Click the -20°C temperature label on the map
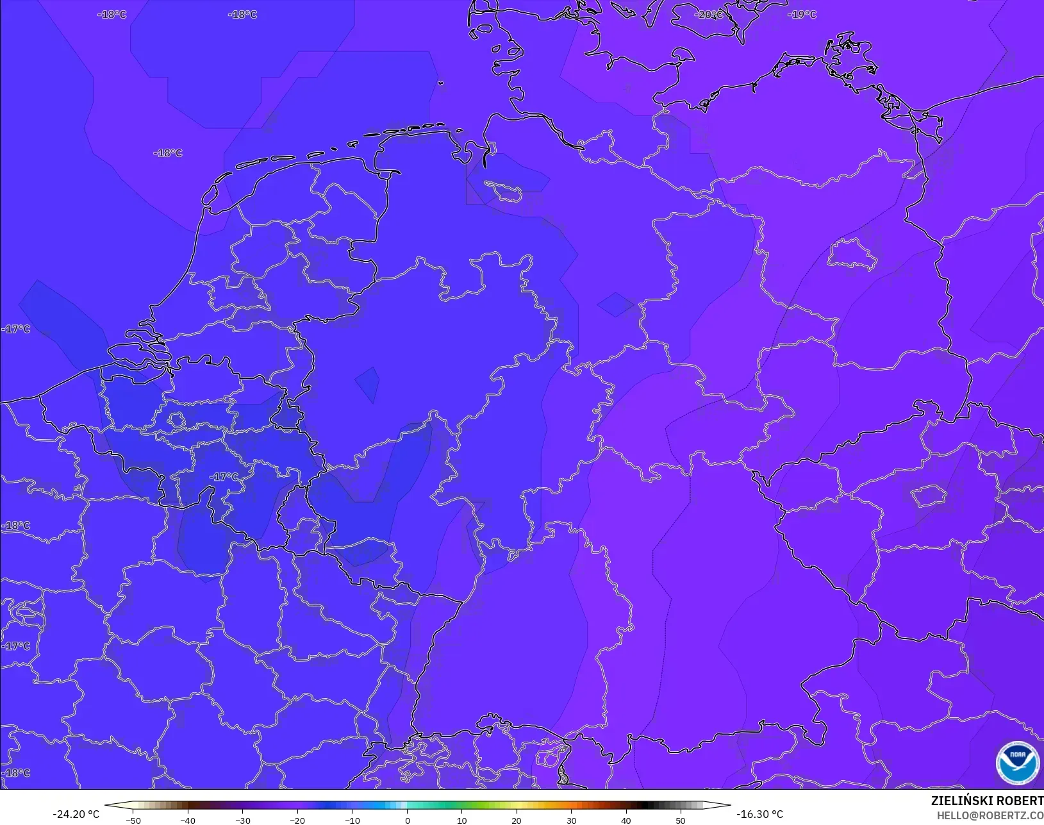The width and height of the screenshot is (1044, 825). pos(709,15)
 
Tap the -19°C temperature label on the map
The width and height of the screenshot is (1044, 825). pos(802,15)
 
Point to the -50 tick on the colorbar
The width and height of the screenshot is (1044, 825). pos(133,821)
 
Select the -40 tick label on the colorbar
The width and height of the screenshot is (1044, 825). pos(188,821)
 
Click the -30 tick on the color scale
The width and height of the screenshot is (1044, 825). pos(242,821)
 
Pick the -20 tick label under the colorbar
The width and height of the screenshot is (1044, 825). pos(297,821)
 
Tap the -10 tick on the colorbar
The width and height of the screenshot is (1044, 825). pos(352,821)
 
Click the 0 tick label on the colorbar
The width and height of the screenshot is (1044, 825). pos(408,821)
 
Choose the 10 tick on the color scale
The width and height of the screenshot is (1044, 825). pos(461,821)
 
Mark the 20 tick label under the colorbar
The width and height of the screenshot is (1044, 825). pos(517,821)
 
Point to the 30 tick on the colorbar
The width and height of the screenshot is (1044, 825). pos(571,821)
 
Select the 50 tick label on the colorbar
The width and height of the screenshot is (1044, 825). pos(681,821)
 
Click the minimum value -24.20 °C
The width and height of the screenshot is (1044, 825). pos(76,814)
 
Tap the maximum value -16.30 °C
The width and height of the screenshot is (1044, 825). pos(760,814)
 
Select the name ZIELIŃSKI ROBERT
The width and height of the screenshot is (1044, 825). pos(987,801)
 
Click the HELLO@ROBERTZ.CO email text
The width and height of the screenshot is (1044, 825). pos(990,815)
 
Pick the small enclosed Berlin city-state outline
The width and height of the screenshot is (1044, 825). pos(852,255)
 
